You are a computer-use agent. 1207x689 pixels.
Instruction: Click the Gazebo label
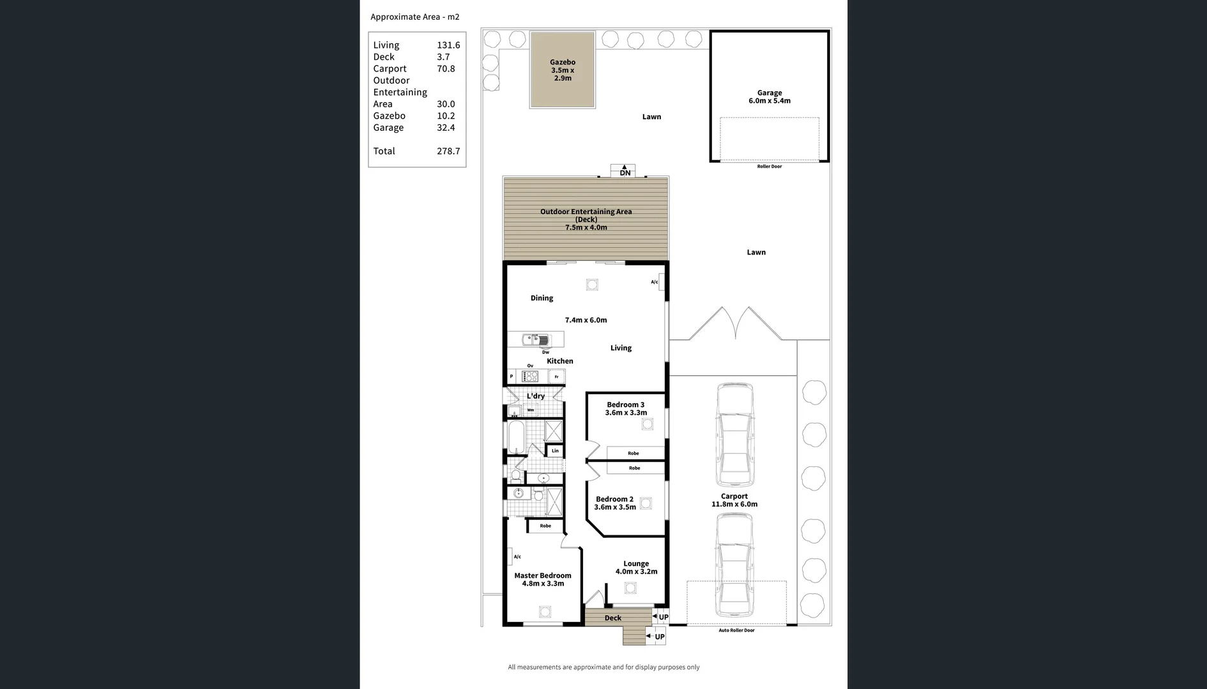point(563,63)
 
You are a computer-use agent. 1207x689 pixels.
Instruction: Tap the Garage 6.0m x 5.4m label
point(769,96)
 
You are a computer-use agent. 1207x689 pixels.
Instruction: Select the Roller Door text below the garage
point(769,167)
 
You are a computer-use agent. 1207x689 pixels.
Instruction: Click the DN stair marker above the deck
point(625,173)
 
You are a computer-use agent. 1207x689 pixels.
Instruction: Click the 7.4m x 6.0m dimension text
point(586,320)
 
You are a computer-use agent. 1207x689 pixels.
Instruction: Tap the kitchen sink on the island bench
point(536,339)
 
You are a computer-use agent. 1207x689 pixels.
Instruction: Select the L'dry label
point(535,396)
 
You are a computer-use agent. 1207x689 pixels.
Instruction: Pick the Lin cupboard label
point(555,451)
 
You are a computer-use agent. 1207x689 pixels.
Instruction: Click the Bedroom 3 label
point(625,405)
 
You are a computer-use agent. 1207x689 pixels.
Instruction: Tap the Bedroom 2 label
point(614,500)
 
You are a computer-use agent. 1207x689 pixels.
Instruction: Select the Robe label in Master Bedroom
point(545,526)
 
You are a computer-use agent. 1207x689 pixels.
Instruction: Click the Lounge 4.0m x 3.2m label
point(636,568)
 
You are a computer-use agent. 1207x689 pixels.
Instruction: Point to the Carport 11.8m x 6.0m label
point(734,500)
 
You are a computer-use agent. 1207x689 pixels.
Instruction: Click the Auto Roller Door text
point(736,630)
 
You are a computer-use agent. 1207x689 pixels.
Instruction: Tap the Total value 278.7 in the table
point(448,151)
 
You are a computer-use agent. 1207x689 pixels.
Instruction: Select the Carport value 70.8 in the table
point(446,69)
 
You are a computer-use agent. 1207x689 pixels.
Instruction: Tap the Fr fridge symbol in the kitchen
point(557,377)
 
